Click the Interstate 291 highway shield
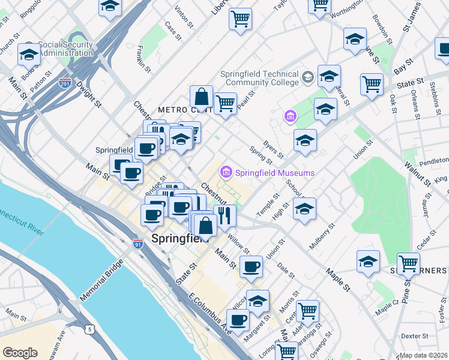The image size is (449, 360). point(64,85)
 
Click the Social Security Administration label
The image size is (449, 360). point(65,49)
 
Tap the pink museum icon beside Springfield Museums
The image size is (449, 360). point(227,173)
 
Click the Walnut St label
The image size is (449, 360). point(417,171)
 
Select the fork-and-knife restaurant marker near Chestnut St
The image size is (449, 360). point(224,215)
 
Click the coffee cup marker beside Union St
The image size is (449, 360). point(251,266)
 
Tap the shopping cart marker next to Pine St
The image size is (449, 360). point(408,262)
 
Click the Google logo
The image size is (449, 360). point(20,352)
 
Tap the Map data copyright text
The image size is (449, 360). point(424,355)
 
